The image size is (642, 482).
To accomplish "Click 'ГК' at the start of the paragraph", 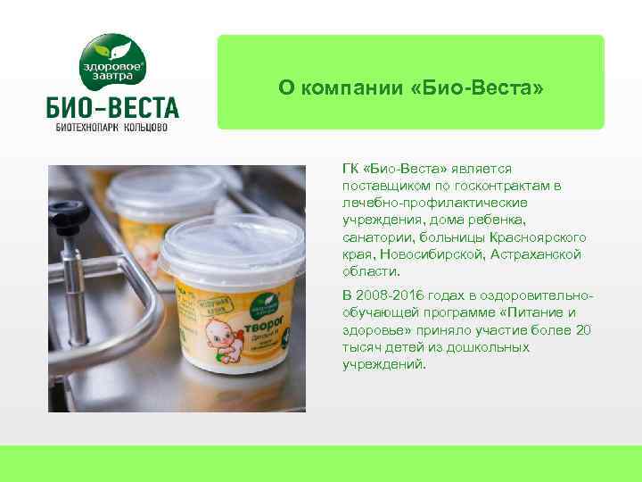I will click(x=351, y=168).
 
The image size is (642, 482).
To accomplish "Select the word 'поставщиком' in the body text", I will click(x=380, y=185).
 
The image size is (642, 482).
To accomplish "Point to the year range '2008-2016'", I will click(x=388, y=295).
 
